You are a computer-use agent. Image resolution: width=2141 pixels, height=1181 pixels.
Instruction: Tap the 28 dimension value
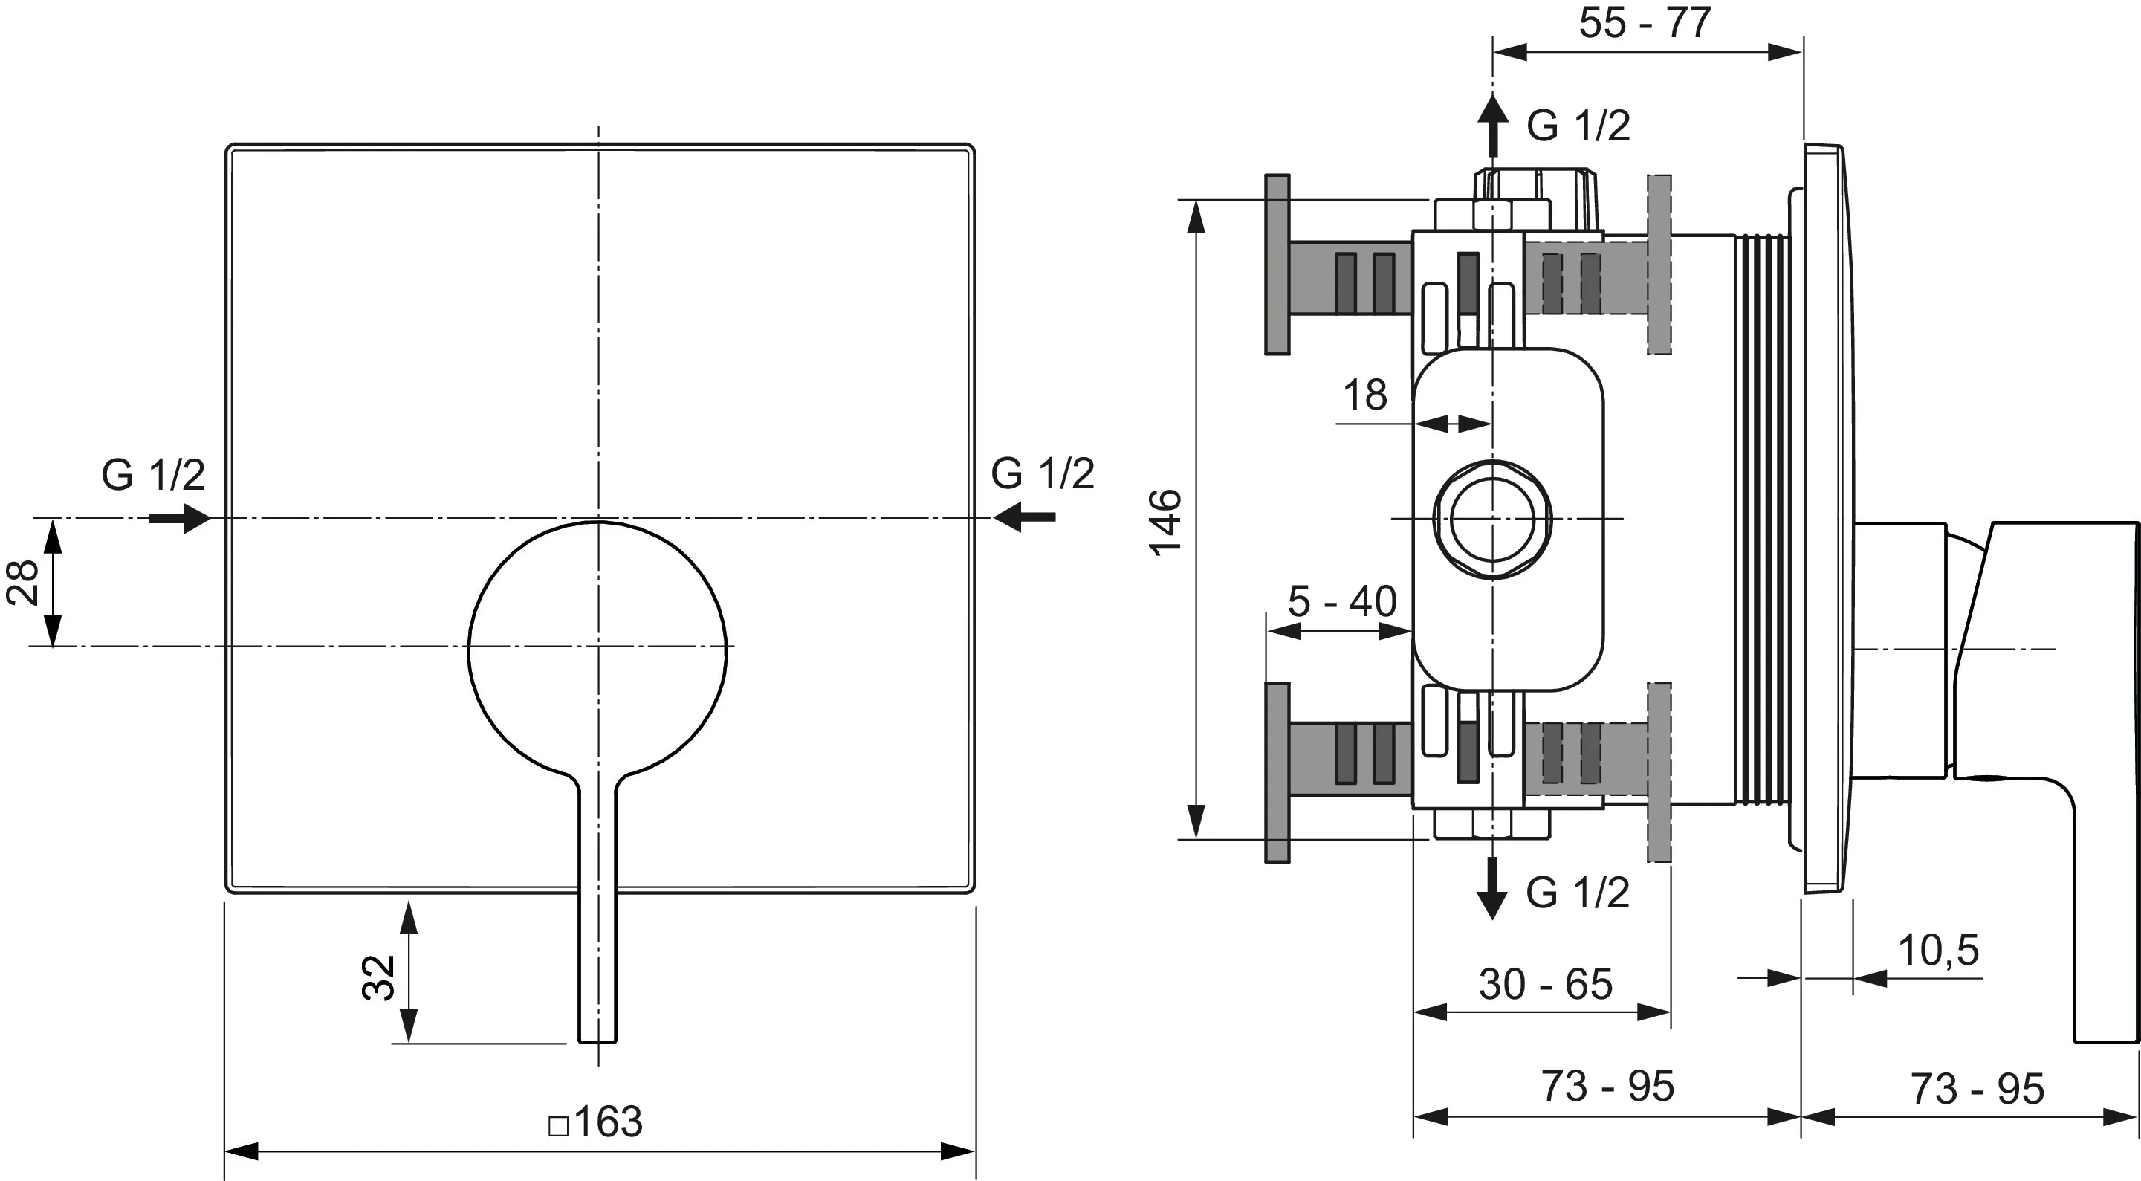tap(22, 582)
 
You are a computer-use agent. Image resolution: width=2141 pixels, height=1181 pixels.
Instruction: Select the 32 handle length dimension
tap(379, 977)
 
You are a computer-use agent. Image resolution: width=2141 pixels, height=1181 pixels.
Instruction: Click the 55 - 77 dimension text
tap(1645, 22)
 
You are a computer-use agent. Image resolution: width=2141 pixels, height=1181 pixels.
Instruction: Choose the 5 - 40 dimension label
tap(1342, 601)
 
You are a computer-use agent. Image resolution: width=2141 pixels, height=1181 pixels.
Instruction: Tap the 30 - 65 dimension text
tap(1546, 984)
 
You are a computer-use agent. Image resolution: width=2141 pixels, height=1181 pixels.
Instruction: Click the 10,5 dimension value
tap(1938, 950)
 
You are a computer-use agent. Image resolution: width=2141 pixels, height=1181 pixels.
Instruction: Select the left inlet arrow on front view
tap(181, 518)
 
